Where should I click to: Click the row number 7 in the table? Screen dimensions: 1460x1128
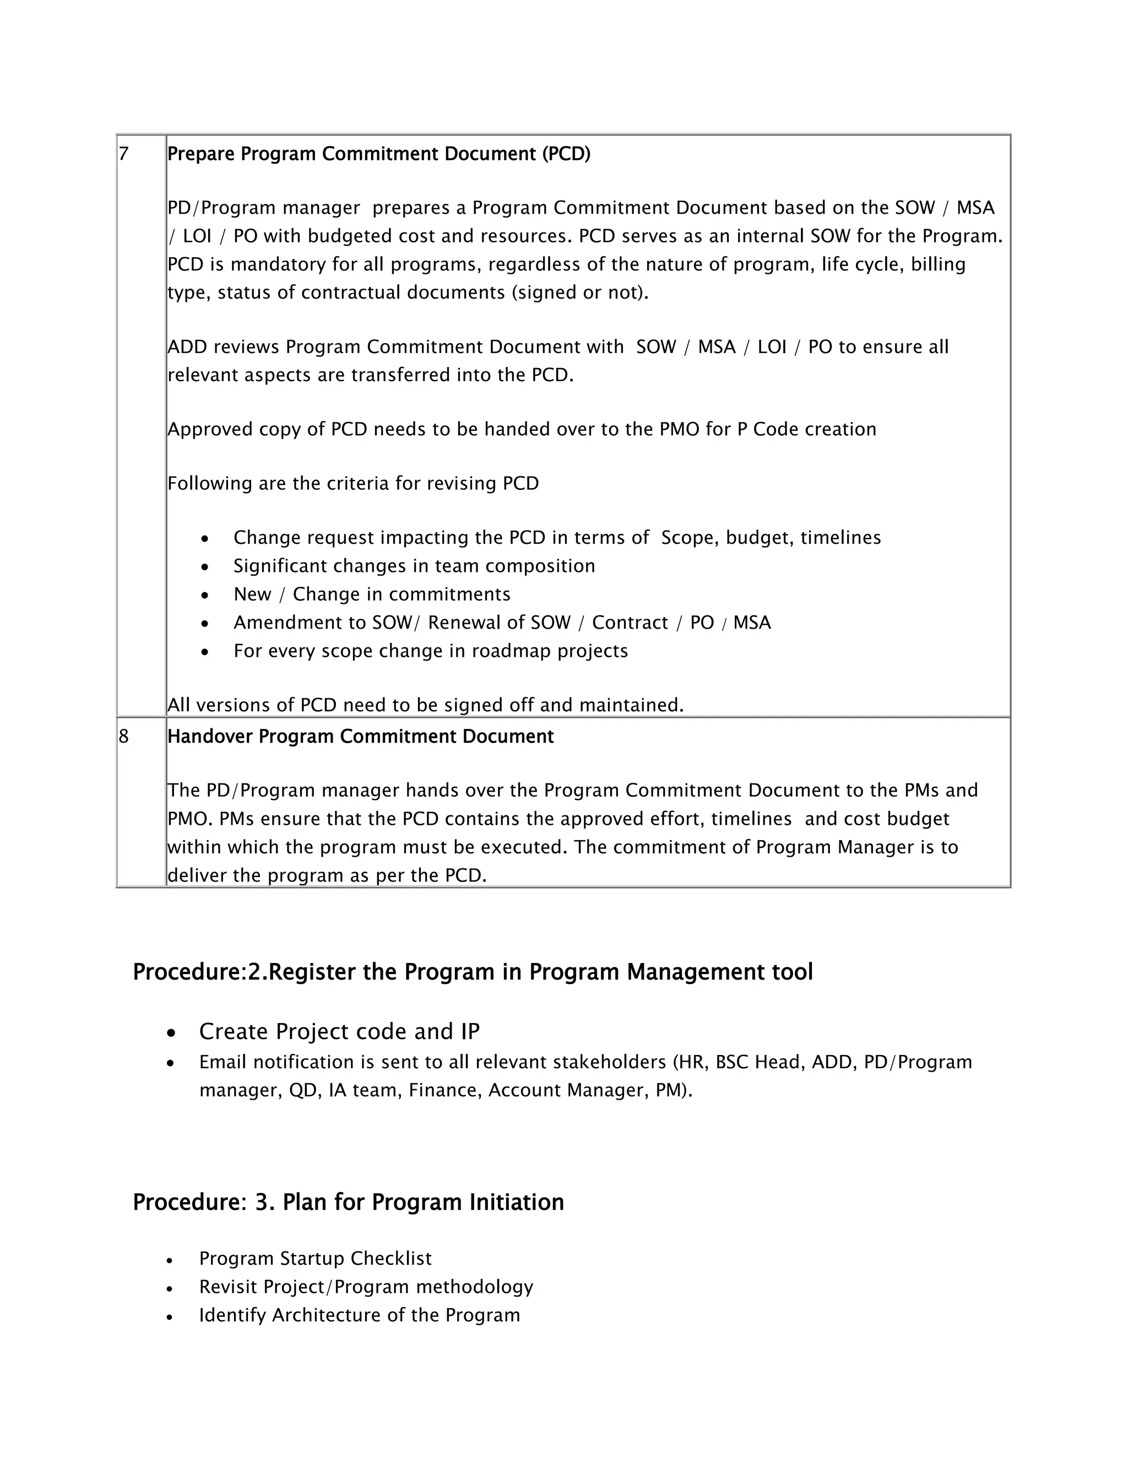click(x=123, y=154)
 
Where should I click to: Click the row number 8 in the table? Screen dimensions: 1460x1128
click(x=123, y=737)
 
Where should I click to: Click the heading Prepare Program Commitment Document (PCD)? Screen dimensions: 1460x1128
click(x=379, y=154)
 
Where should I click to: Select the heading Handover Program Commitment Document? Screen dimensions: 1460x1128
click(x=360, y=737)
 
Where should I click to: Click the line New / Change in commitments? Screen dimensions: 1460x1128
click(x=372, y=594)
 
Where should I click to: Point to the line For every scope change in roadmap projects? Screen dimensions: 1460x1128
click(x=430, y=651)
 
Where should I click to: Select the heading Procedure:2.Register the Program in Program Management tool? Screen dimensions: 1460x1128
click(x=473, y=972)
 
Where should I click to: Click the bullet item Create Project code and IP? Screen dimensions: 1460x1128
click(x=339, y=1031)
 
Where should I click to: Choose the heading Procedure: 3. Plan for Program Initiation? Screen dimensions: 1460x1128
click(x=348, y=1202)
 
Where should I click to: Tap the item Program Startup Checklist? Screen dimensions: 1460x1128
click(x=314, y=1259)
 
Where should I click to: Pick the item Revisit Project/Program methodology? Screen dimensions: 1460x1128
click(x=366, y=1287)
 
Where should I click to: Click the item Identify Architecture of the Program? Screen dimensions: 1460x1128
click(x=359, y=1315)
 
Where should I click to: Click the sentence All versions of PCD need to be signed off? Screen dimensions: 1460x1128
click(x=425, y=705)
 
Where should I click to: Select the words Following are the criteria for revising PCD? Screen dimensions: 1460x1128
click(x=353, y=483)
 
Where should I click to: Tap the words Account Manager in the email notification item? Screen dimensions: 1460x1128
click(x=564, y=1090)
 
